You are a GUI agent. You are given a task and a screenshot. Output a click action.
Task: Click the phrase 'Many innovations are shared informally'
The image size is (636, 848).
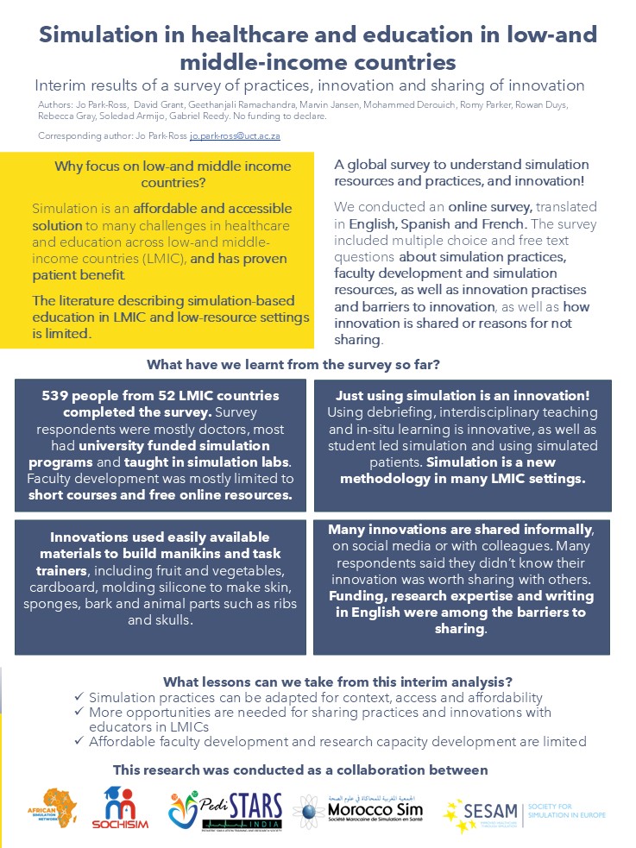pyautogui.click(x=461, y=528)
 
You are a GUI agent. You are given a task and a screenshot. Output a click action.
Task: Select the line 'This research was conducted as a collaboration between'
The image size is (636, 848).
pyautogui.click(x=299, y=769)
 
